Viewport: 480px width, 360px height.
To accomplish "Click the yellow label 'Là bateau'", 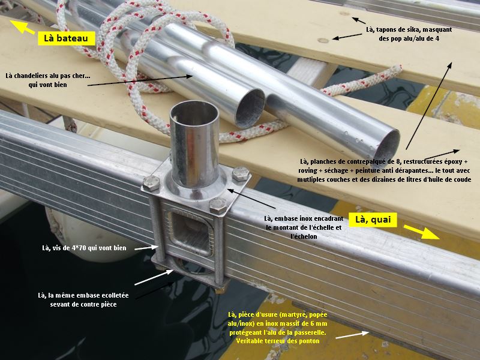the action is (67, 38).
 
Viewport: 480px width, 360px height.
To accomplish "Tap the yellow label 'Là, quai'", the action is (373, 220).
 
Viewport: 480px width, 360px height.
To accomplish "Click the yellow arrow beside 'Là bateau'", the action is (22, 26).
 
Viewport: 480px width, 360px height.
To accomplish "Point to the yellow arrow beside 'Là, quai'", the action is (422, 232).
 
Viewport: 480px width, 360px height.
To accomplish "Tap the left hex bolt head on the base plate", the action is (151, 183).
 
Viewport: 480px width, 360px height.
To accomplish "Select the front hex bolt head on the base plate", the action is (218, 205).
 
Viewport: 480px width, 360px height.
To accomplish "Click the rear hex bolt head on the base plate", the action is (241, 173).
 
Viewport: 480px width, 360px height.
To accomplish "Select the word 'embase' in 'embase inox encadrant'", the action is (286, 218).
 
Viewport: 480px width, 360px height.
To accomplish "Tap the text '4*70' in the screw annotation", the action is (79, 248).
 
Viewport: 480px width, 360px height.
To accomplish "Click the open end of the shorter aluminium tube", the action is (250, 109).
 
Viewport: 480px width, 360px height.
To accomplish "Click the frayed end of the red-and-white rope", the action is (397, 70).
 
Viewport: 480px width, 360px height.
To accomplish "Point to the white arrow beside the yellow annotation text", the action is (352, 335).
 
